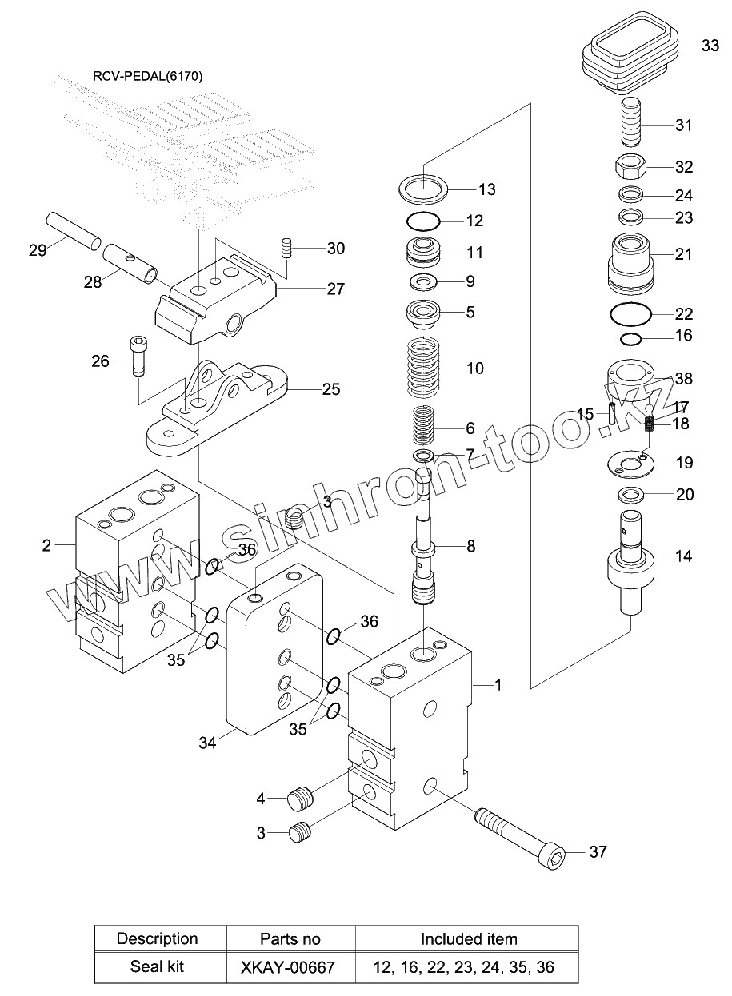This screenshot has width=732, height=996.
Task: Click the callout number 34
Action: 207,742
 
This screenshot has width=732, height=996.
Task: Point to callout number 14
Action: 684,556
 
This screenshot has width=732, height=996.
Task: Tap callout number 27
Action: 335,289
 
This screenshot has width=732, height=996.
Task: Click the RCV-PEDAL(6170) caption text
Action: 148,77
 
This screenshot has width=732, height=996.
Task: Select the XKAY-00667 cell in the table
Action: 288,966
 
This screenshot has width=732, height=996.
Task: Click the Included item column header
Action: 469,938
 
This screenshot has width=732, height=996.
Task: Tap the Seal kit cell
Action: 157,966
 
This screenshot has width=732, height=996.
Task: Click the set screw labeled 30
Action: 287,248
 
